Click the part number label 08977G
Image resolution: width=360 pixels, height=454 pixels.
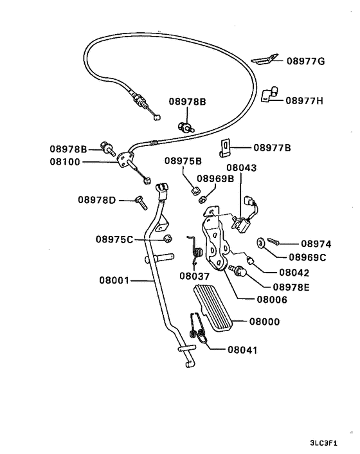coord(306,61)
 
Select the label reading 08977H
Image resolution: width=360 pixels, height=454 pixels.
coord(305,100)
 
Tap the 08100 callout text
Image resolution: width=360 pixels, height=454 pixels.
coord(65,162)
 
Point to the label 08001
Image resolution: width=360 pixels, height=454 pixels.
coord(114,280)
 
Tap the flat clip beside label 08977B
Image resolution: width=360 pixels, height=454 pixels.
coord(224,149)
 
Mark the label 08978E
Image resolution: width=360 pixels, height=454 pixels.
coord(291,286)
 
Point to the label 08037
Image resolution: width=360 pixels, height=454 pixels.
coord(195,277)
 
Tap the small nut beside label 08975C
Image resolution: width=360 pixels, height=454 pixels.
coord(167,239)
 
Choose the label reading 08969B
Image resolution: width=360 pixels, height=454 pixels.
coord(215,179)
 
